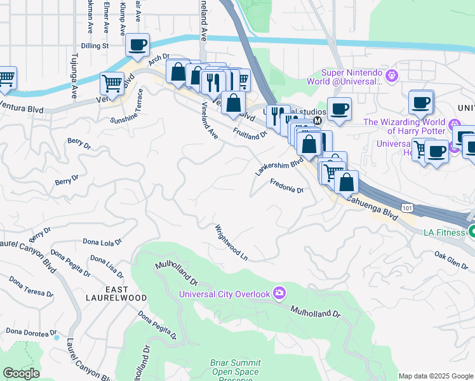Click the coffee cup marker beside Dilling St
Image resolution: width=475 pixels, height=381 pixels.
tap(137, 44)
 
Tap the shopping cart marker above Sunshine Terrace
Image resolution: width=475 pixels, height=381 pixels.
tap(112, 83)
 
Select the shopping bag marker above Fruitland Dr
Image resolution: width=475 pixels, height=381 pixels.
tap(234, 102)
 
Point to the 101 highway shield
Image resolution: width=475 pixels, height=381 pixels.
tap(408, 208)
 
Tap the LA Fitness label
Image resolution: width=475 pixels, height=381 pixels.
tap(445, 232)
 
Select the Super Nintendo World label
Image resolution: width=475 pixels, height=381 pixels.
tap(352, 76)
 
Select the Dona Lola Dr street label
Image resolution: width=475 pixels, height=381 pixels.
tap(102, 242)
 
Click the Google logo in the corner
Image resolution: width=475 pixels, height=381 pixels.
tap(21, 373)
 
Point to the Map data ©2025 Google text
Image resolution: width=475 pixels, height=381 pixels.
tap(436, 376)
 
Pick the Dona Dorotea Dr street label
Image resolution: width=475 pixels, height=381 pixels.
tap(31, 331)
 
